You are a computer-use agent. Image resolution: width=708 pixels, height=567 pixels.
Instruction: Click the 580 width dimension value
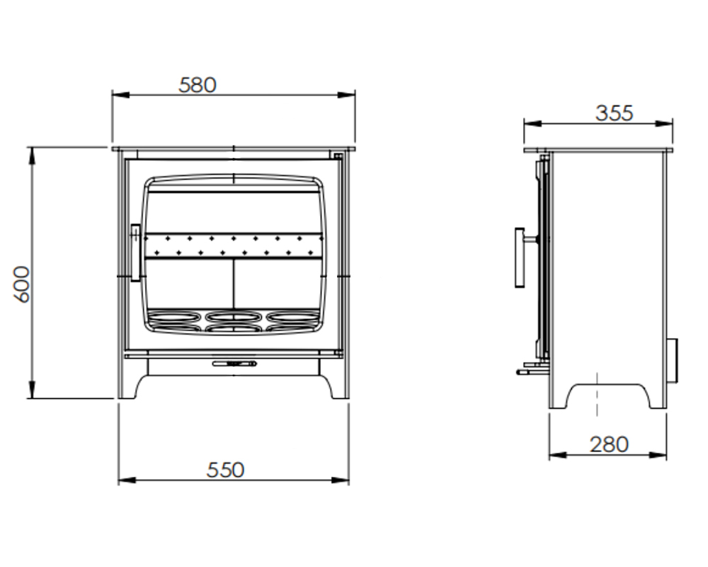(x=198, y=85)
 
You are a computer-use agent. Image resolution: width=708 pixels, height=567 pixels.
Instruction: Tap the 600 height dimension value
(x=22, y=284)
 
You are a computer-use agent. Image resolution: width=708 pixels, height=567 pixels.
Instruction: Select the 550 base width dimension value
(x=225, y=470)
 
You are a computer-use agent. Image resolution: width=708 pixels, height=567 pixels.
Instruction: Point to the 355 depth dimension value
(x=614, y=113)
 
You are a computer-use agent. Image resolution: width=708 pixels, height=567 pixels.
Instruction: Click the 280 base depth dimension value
(x=609, y=444)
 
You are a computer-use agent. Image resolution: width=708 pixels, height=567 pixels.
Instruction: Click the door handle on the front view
(x=135, y=253)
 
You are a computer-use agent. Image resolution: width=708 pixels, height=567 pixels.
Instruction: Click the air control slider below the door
(x=234, y=364)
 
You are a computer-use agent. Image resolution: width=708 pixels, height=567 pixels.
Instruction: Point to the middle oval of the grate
(x=234, y=320)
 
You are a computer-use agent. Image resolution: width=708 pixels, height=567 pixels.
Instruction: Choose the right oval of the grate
(x=292, y=318)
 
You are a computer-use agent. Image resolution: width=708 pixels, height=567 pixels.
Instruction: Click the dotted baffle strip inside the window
(x=234, y=245)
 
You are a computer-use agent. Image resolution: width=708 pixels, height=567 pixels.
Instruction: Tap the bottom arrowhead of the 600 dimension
(x=32, y=392)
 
